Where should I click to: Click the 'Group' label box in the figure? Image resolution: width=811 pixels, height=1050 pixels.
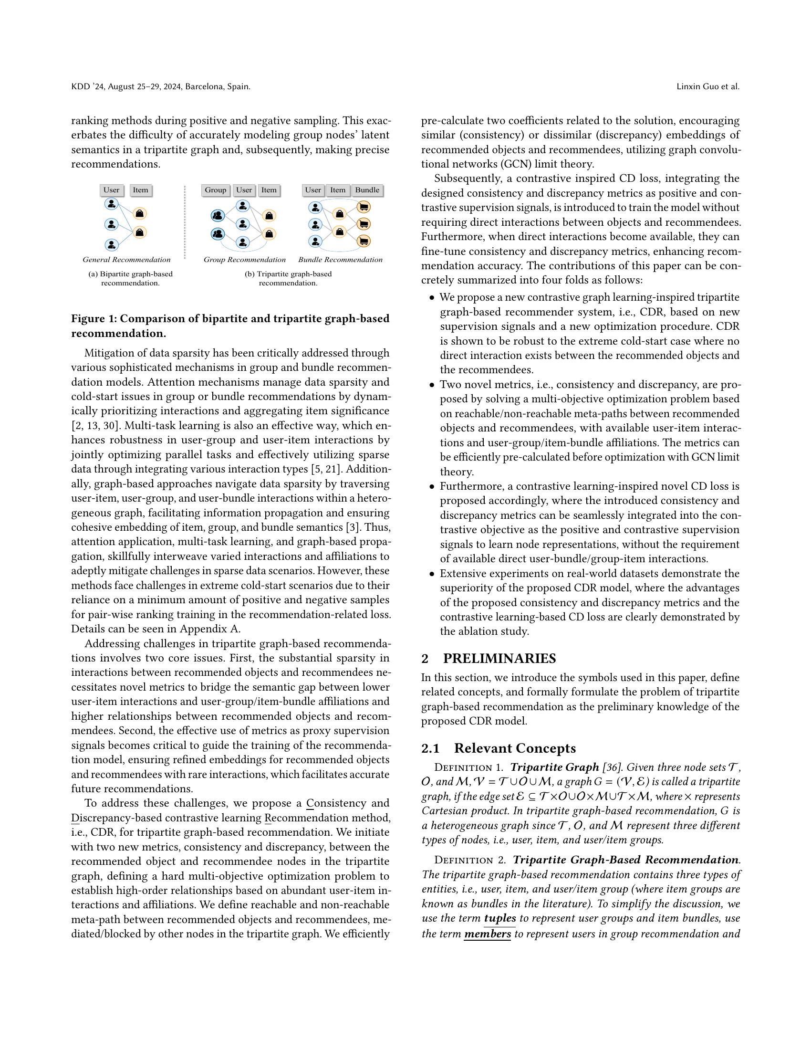point(215,190)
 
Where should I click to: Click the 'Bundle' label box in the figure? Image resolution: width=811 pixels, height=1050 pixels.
point(367,190)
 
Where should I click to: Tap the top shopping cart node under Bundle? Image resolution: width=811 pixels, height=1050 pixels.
point(364,208)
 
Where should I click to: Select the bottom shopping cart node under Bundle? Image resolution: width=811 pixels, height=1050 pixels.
point(364,241)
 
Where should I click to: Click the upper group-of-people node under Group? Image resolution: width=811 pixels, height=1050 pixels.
point(218,215)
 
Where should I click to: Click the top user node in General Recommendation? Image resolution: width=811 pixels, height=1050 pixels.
point(111,204)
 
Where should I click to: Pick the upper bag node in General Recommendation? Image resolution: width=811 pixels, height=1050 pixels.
point(140,213)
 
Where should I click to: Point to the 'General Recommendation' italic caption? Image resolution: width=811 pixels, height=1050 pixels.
point(126,260)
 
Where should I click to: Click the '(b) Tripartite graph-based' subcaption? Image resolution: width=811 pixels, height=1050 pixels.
point(288,274)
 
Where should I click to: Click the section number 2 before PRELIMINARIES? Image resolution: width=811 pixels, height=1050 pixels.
point(425,658)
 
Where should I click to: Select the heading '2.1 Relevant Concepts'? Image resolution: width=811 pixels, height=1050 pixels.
point(498,748)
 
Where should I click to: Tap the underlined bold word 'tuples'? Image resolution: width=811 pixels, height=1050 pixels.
point(499,918)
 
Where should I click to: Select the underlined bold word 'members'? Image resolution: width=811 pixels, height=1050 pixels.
point(487,934)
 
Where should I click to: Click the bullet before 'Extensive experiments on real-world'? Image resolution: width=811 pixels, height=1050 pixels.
point(432,574)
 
